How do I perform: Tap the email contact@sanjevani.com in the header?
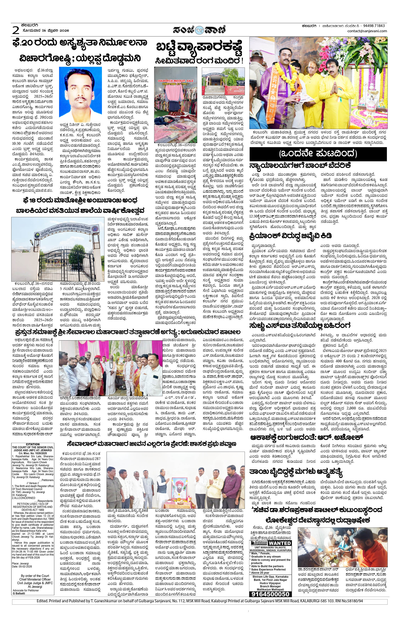point(367,31)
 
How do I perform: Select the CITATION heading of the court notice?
point(33,444)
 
